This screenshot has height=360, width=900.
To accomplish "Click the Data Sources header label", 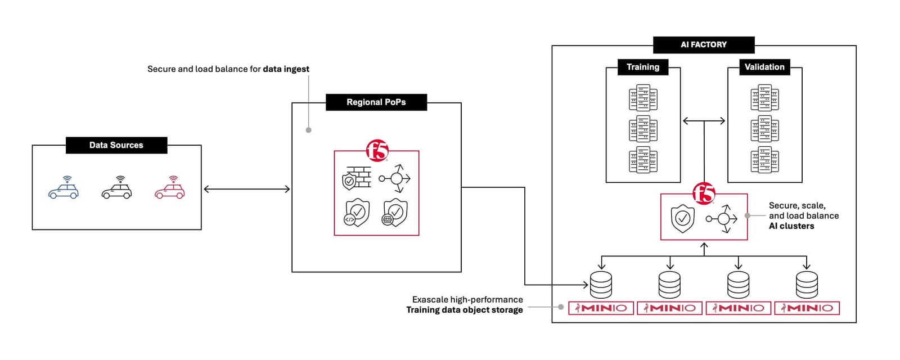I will pyautogui.click(x=116, y=145).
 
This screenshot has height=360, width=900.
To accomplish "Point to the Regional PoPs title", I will pyautogui.click(x=376, y=102).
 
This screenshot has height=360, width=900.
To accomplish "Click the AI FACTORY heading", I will pyautogui.click(x=704, y=44).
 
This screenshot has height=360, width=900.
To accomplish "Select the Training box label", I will pyautogui.click(x=643, y=67).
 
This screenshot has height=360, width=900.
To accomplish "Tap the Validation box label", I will pyautogui.click(x=764, y=67).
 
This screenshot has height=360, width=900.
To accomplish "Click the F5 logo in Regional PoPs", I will pyautogui.click(x=377, y=151).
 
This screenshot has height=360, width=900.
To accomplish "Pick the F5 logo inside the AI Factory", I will pyautogui.click(x=704, y=193).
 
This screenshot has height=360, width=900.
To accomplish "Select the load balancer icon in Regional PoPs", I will pyautogui.click(x=395, y=178).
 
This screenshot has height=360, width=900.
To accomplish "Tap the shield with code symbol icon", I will pyautogui.click(x=357, y=213).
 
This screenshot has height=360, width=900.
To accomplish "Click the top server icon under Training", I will pyautogui.click(x=643, y=98).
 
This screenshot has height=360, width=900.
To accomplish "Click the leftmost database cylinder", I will pyautogui.click(x=601, y=285).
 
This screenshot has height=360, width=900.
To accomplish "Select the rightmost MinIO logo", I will pyautogui.click(x=807, y=308).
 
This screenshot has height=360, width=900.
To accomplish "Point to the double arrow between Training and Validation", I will pyautogui.click(x=704, y=121).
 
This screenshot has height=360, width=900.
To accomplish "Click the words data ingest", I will pyautogui.click(x=286, y=69).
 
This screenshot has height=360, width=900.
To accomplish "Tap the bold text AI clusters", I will pyautogui.click(x=791, y=226).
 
